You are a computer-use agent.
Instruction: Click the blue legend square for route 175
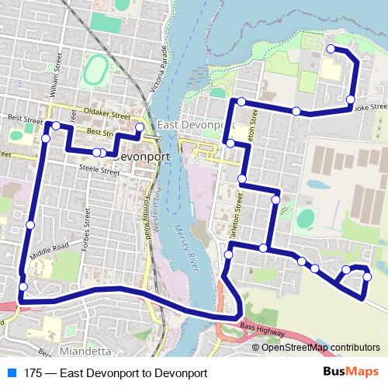[12, 372]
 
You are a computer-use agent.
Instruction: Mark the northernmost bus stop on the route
[330, 49]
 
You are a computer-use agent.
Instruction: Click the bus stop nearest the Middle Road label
[29, 224]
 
